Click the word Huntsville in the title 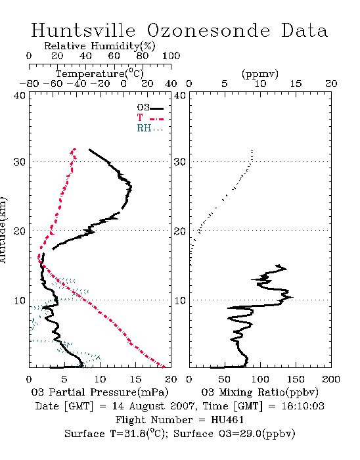(x=83, y=30)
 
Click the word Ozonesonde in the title (x=208, y=30)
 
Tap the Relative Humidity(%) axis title (x=100, y=46)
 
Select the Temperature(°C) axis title (x=100, y=74)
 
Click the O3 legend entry (x=150, y=108)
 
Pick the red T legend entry (x=150, y=118)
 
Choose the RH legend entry (x=150, y=128)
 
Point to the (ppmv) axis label (x=260, y=74)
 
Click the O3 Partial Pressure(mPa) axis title (x=100, y=392)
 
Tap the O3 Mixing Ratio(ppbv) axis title (x=260, y=392)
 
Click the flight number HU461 (x=227, y=420)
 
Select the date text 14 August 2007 (x=153, y=406)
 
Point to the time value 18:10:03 (x=303, y=406)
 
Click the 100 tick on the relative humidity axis (x=171, y=56)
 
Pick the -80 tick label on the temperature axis (x=29, y=83)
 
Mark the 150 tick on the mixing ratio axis (x=296, y=379)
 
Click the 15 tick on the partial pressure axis (x=135, y=379)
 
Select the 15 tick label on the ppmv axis (x=296, y=83)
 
